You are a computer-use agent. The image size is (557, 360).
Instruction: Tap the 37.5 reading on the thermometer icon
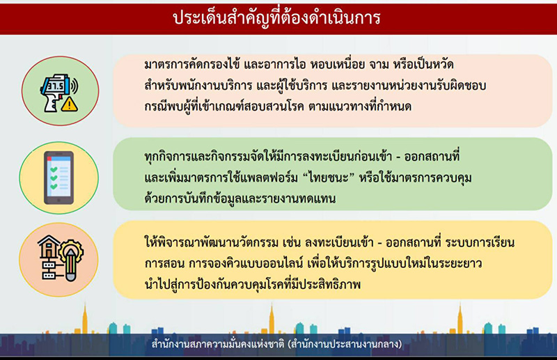click(54, 86)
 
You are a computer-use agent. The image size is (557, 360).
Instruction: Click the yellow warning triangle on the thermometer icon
click(68, 106)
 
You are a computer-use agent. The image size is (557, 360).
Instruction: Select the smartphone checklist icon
click(58, 178)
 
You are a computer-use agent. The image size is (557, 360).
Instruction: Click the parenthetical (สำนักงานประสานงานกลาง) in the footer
click(352, 345)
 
